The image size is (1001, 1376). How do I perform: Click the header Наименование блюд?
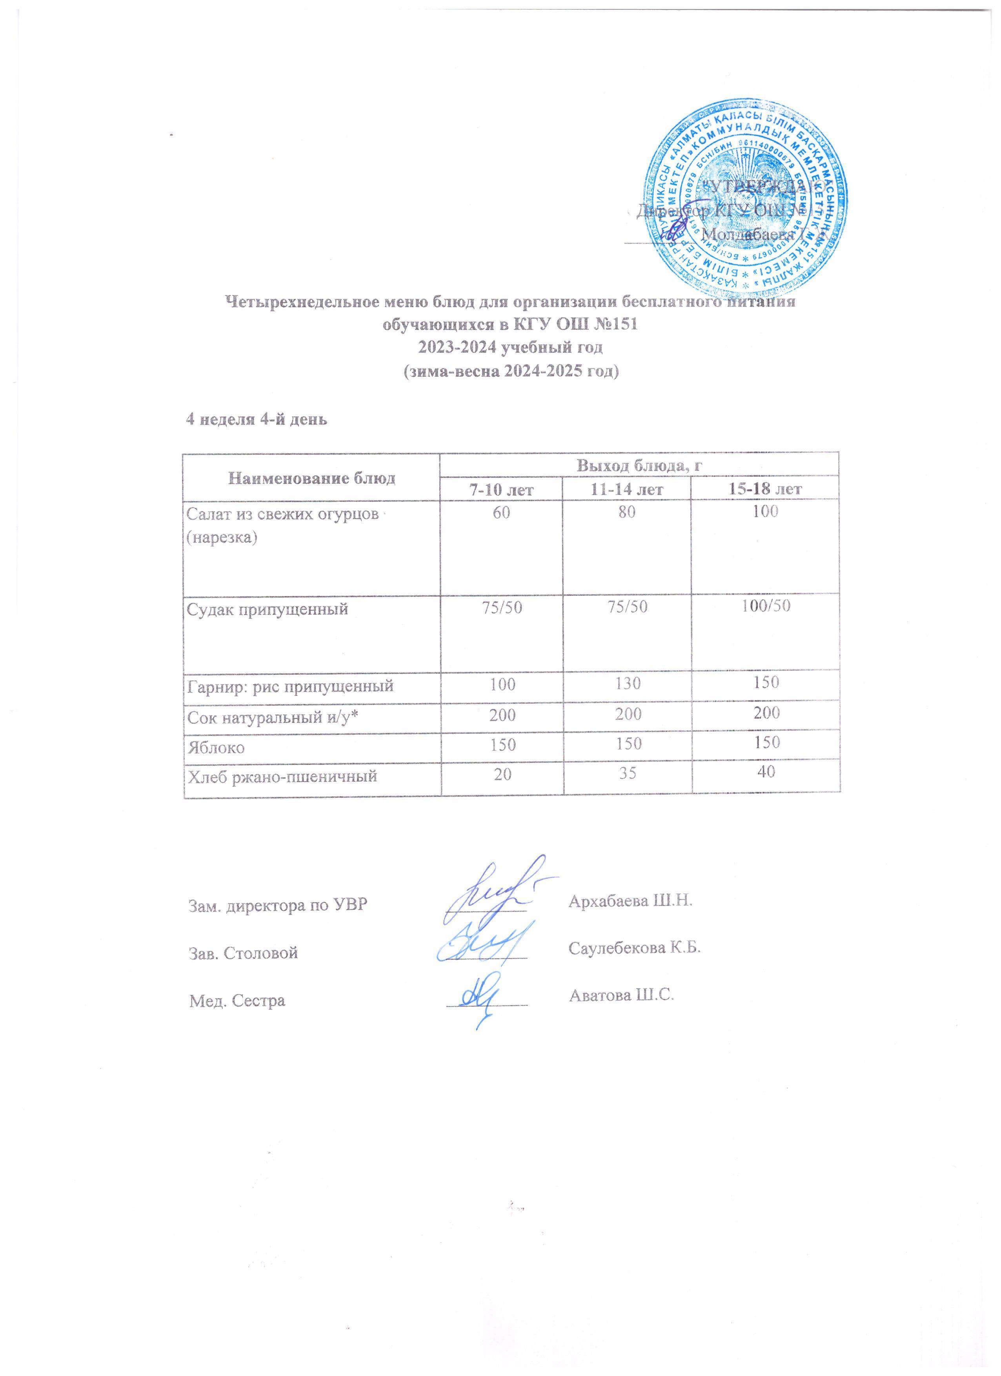(x=311, y=478)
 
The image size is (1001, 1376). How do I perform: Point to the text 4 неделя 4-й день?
(x=256, y=420)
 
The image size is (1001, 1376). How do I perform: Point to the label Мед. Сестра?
(x=235, y=1001)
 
